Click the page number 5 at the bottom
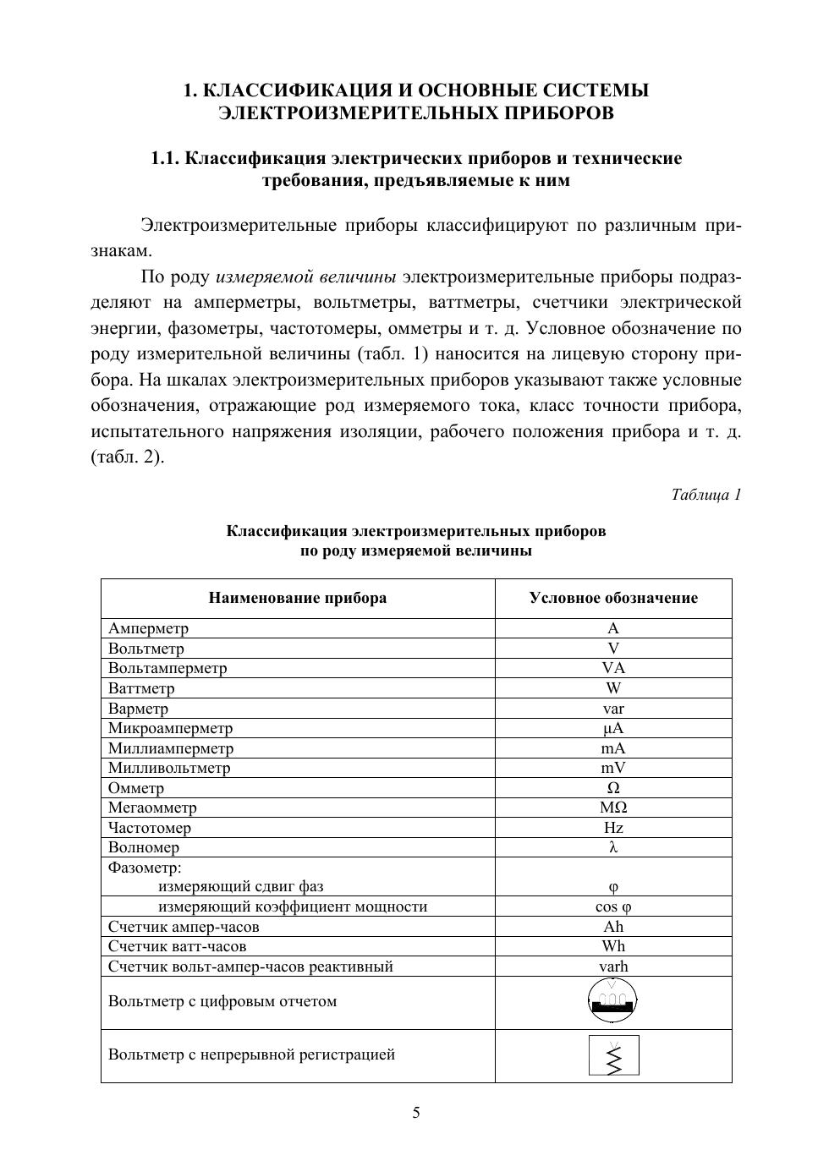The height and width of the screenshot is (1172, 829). click(x=415, y=1113)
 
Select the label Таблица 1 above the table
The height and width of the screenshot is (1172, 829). click(x=705, y=495)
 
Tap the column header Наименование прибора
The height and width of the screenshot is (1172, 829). click(x=298, y=598)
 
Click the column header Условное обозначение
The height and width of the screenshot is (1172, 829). click(x=613, y=598)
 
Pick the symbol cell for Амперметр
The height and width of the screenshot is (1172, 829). click(x=613, y=628)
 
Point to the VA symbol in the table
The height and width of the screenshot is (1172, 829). click(x=613, y=668)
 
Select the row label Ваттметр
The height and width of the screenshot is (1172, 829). click(x=141, y=688)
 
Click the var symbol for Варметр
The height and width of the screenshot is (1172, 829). click(x=613, y=709)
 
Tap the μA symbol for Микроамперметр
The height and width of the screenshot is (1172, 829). click(x=613, y=728)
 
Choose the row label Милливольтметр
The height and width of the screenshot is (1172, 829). click(x=169, y=768)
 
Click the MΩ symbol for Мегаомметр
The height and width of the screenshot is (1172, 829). click(x=613, y=808)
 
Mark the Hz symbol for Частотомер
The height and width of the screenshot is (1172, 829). click(x=613, y=828)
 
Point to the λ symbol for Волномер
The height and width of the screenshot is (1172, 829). click(x=613, y=847)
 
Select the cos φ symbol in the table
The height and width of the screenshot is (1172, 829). click(x=613, y=906)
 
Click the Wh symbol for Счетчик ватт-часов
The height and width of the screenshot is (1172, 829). click(x=613, y=946)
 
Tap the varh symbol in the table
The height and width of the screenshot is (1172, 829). click(x=613, y=967)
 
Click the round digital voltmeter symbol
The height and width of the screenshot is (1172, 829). click(x=612, y=1001)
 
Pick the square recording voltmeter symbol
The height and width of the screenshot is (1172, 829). click(x=614, y=1055)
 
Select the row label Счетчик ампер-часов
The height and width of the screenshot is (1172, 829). click(x=184, y=927)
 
